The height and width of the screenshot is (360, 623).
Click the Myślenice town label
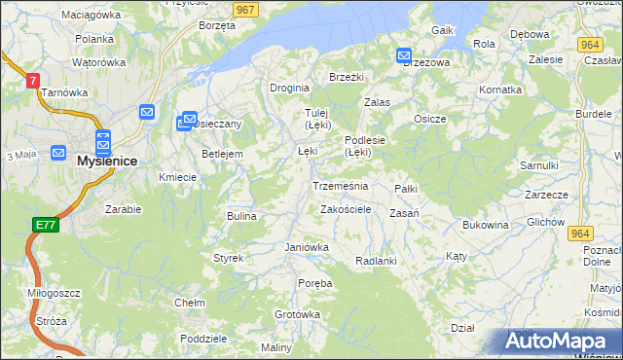107,161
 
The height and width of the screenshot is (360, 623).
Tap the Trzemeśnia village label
340,185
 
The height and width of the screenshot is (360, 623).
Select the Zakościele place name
346,209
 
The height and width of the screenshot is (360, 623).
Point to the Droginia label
289,87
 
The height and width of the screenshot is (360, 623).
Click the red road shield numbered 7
33,81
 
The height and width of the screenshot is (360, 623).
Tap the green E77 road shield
45,225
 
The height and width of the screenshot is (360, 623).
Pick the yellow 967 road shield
245,9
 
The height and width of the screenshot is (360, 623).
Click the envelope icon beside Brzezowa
404,57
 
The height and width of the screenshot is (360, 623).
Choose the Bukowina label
486,225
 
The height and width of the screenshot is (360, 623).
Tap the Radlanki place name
376,261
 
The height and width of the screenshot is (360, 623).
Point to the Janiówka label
307,247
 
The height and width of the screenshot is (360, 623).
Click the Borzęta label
216,26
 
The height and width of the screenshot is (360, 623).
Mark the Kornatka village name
500,89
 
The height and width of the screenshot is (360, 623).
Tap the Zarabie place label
124,209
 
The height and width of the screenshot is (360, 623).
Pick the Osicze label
429,119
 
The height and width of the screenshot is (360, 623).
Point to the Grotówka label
297,314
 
